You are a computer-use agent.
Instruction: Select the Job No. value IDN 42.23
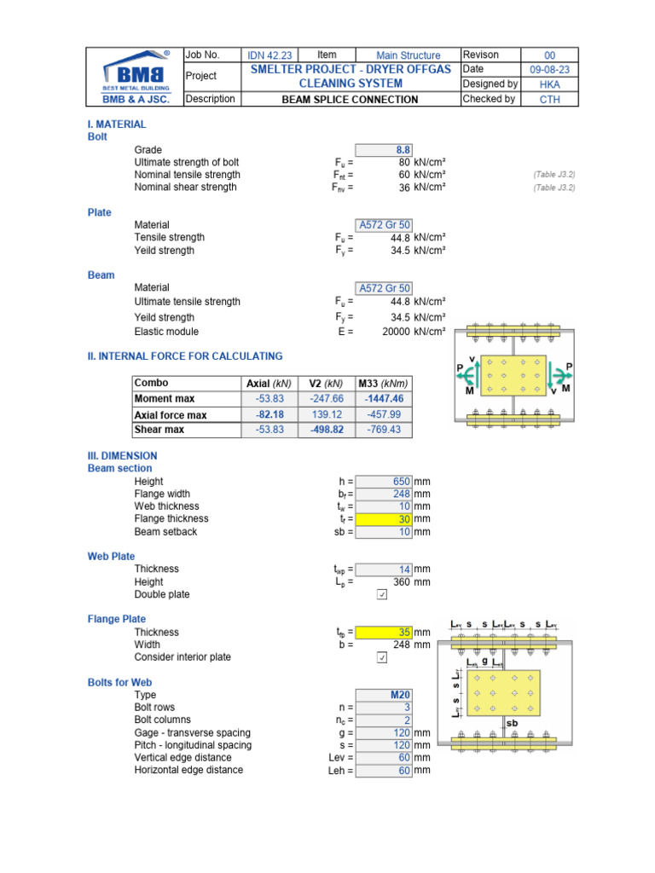pos(270,55)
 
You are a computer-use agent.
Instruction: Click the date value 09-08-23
pos(549,70)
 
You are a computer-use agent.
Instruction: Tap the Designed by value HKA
pos(549,84)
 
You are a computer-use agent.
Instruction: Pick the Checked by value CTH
pos(549,99)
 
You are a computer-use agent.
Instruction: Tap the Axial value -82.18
pos(269,414)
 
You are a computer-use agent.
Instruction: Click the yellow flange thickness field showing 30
pos(383,519)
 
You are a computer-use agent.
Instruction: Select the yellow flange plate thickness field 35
pos(383,633)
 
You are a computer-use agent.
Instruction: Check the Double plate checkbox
pos(381,595)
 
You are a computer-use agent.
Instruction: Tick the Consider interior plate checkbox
pos(381,658)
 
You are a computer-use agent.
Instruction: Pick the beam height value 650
pos(383,482)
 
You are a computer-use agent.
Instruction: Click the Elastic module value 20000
pos(390,332)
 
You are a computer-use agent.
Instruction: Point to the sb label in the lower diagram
pos(512,723)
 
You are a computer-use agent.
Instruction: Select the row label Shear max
pos(159,430)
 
